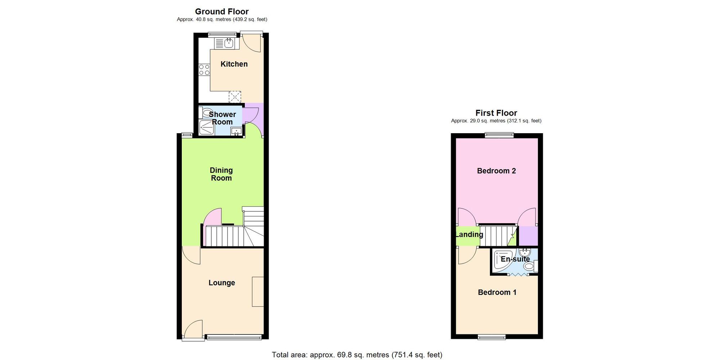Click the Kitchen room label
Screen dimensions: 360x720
point(234,64)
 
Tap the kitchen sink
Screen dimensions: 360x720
point(228,44)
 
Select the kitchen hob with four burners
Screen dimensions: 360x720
point(204,70)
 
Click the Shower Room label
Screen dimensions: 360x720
point(222,118)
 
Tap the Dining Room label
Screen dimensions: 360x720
point(221,174)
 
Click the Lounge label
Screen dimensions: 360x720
point(222,283)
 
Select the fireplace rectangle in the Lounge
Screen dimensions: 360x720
point(258,292)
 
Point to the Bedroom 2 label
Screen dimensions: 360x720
point(496,171)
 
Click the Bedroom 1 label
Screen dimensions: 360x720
point(497,292)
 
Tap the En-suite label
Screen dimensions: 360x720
point(515,259)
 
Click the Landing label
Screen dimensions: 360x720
point(469,235)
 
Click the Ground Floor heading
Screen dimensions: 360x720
point(222,12)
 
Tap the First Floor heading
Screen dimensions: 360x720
point(496,113)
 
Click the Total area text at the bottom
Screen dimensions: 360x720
point(357,355)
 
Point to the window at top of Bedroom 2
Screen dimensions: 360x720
point(499,135)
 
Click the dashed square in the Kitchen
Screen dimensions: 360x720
point(235,97)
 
